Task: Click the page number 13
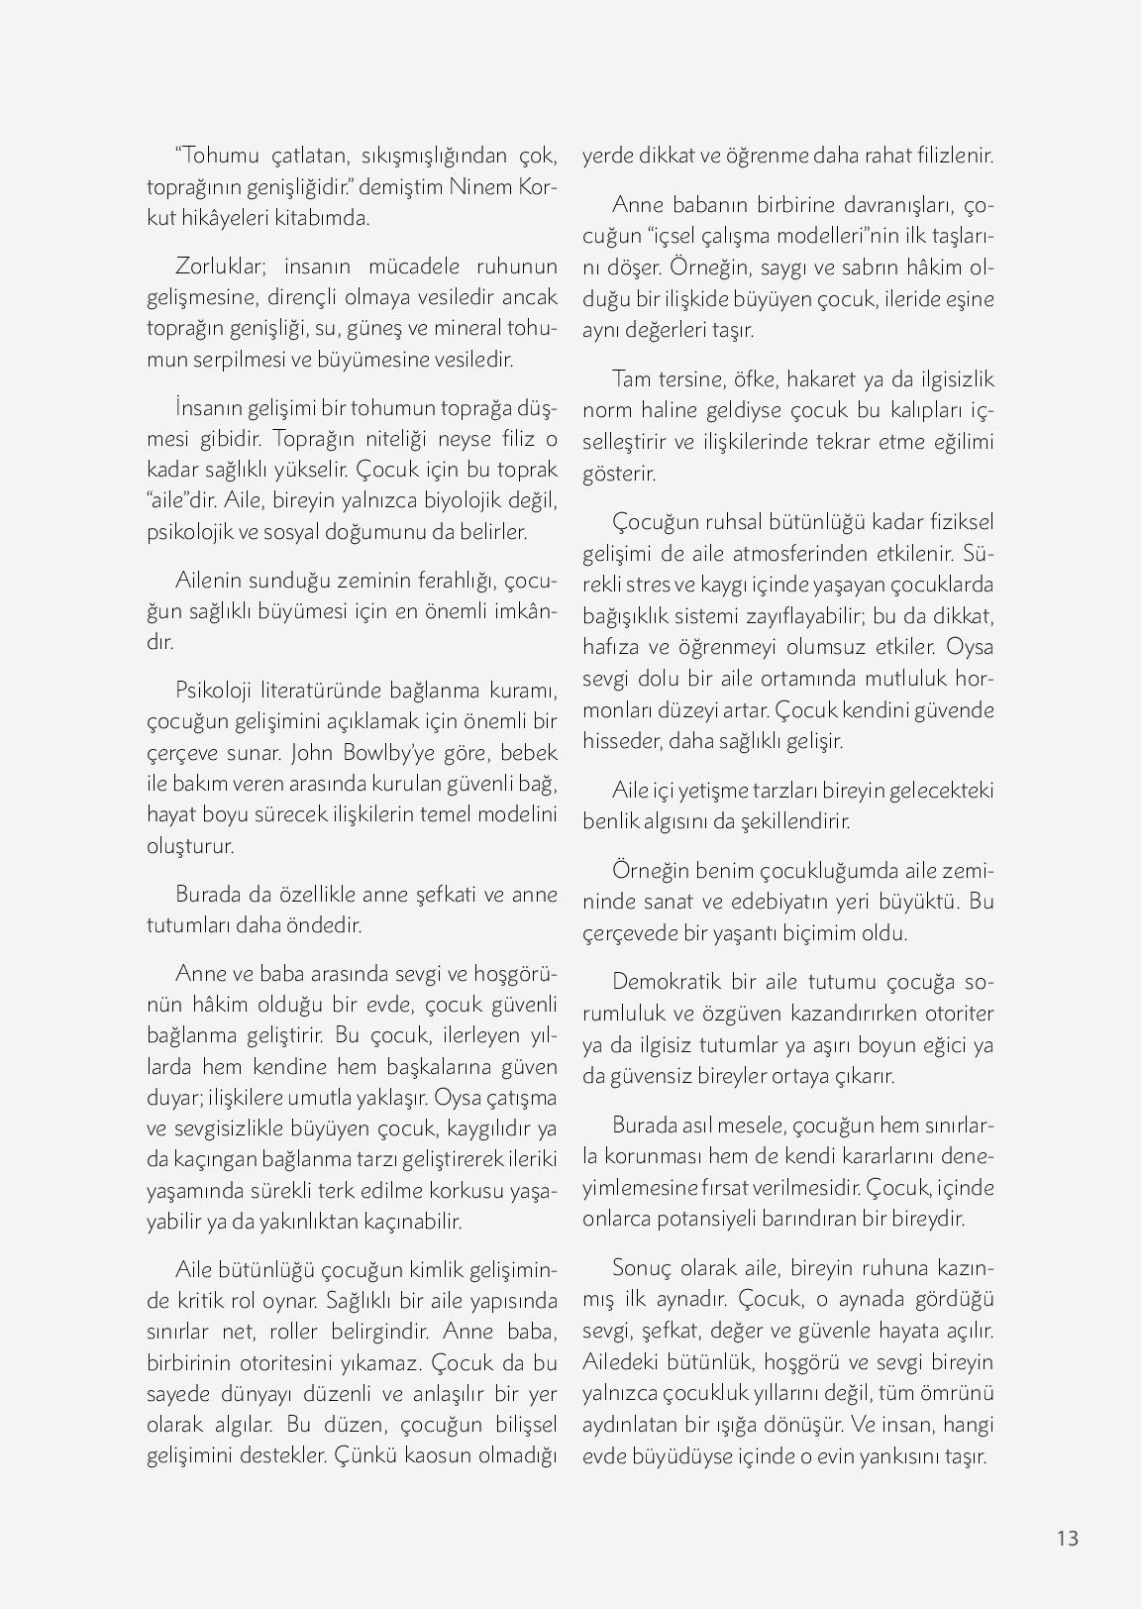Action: (1067, 1538)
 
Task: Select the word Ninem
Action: (481, 186)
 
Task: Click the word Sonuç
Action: (643, 1267)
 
